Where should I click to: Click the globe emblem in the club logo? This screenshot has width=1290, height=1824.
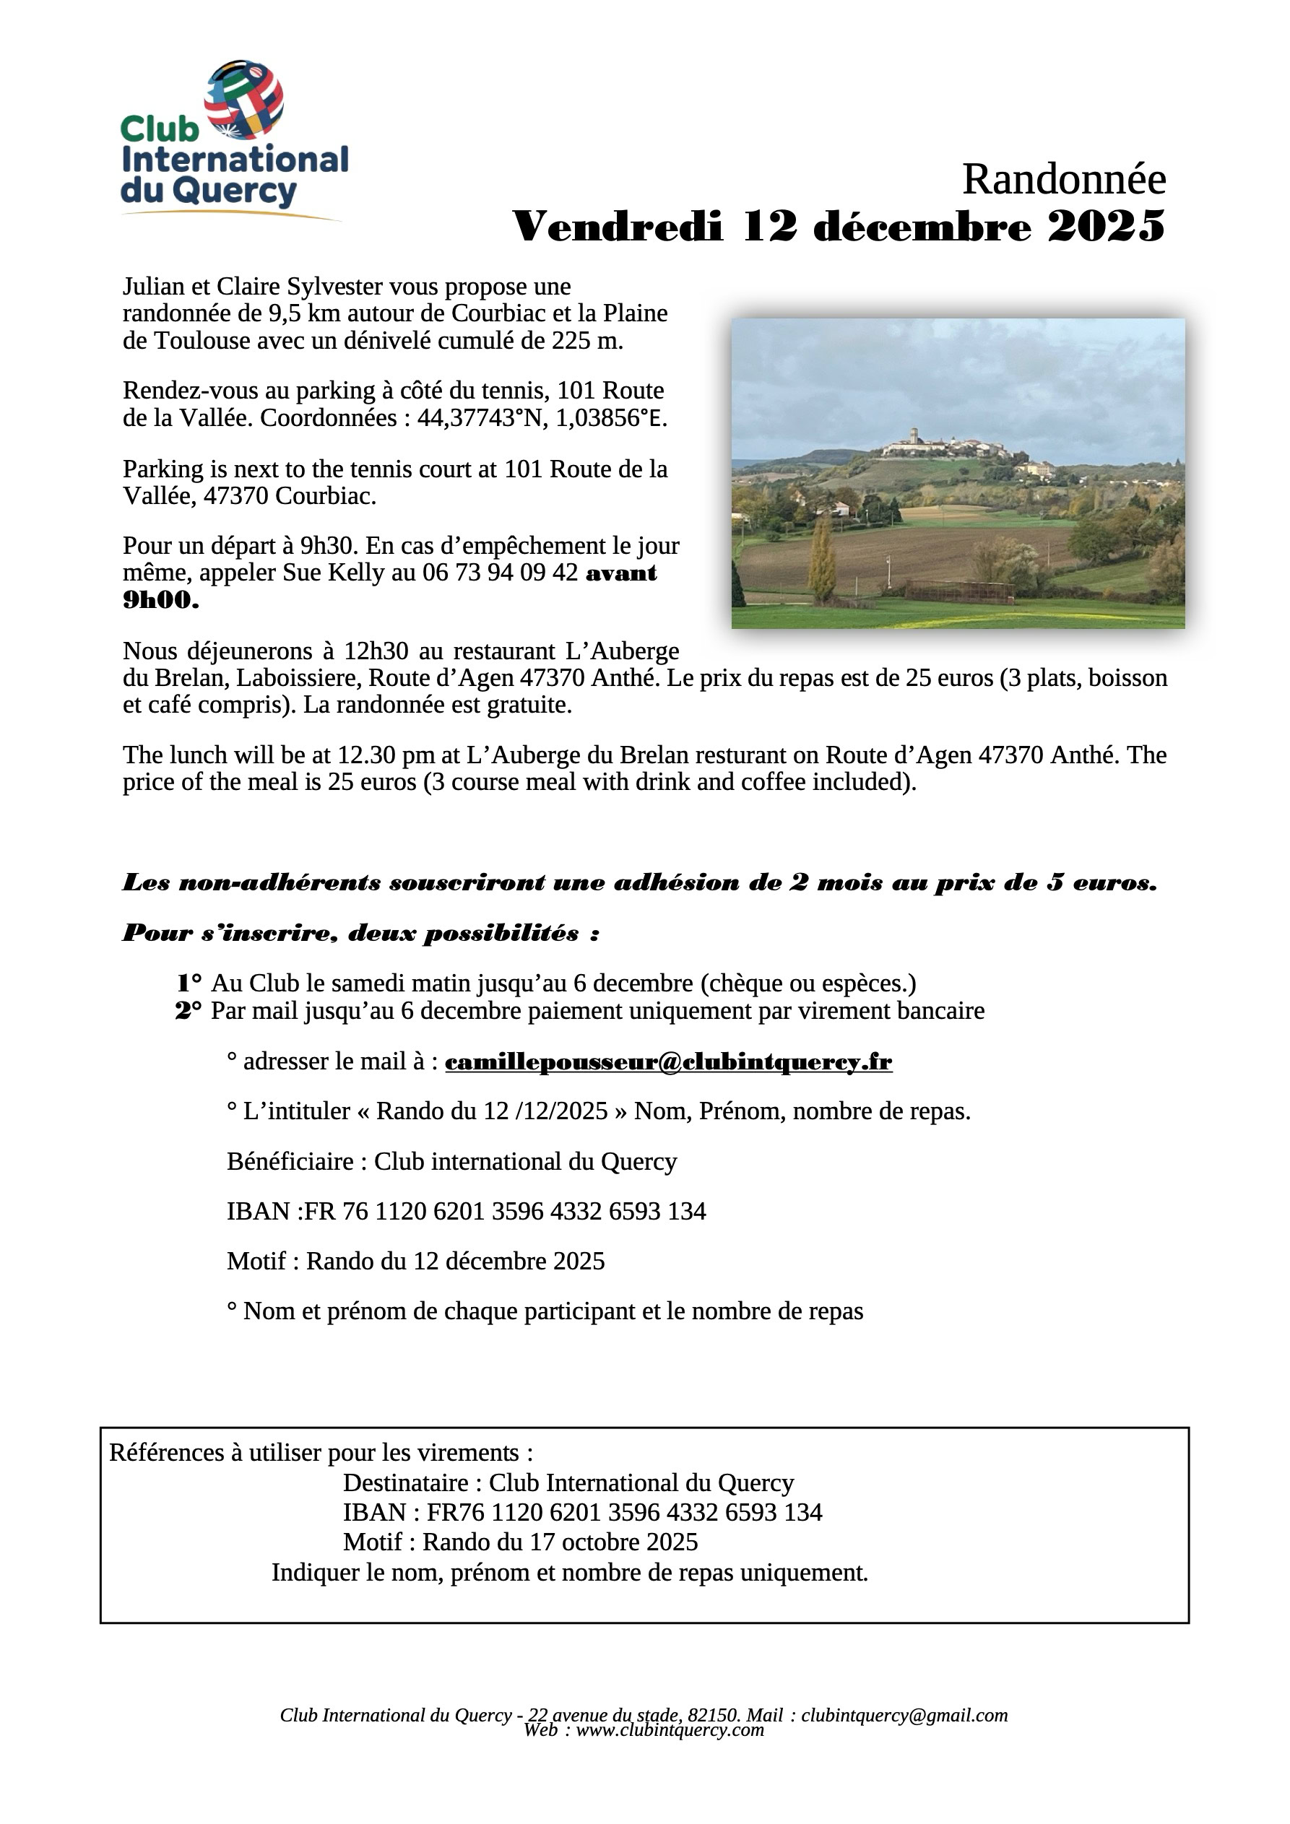point(244,100)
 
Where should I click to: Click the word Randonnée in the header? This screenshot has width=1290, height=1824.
point(1063,179)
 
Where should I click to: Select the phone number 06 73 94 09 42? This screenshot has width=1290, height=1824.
point(500,573)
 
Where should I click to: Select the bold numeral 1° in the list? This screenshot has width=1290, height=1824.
point(189,983)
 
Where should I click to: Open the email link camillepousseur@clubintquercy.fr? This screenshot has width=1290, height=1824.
point(667,1061)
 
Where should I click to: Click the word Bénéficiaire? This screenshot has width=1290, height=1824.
point(290,1161)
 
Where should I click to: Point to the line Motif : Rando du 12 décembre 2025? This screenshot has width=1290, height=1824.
point(416,1261)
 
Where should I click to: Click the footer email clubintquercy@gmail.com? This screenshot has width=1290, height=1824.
point(904,1714)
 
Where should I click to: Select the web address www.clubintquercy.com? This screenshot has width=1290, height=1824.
point(670,1729)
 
